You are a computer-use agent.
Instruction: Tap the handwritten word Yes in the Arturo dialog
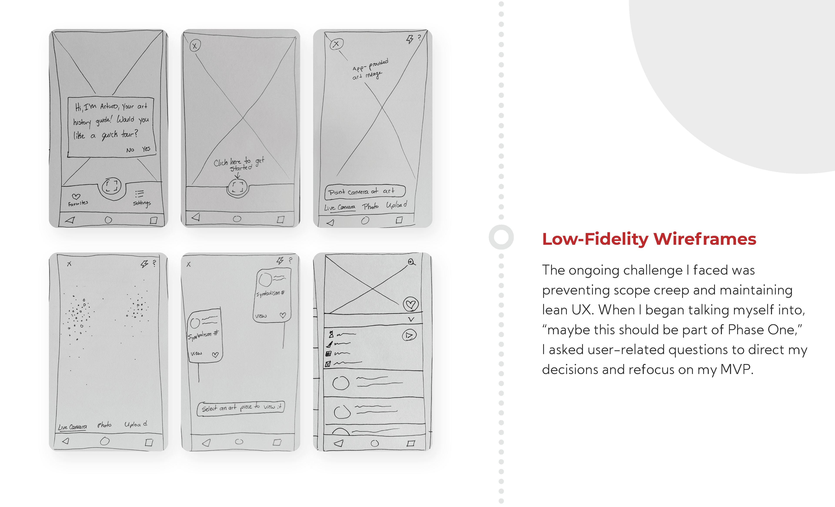(146, 149)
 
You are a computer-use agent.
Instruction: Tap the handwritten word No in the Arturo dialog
(130, 150)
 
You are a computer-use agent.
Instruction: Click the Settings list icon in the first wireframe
(139, 194)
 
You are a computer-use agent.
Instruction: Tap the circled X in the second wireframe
(195, 46)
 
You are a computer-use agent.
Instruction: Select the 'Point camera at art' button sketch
(365, 191)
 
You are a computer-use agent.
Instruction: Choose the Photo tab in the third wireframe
(370, 206)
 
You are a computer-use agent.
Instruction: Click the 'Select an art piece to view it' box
(240, 407)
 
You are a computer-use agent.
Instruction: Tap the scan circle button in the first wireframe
(112, 186)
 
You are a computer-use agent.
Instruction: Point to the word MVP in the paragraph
(735, 369)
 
